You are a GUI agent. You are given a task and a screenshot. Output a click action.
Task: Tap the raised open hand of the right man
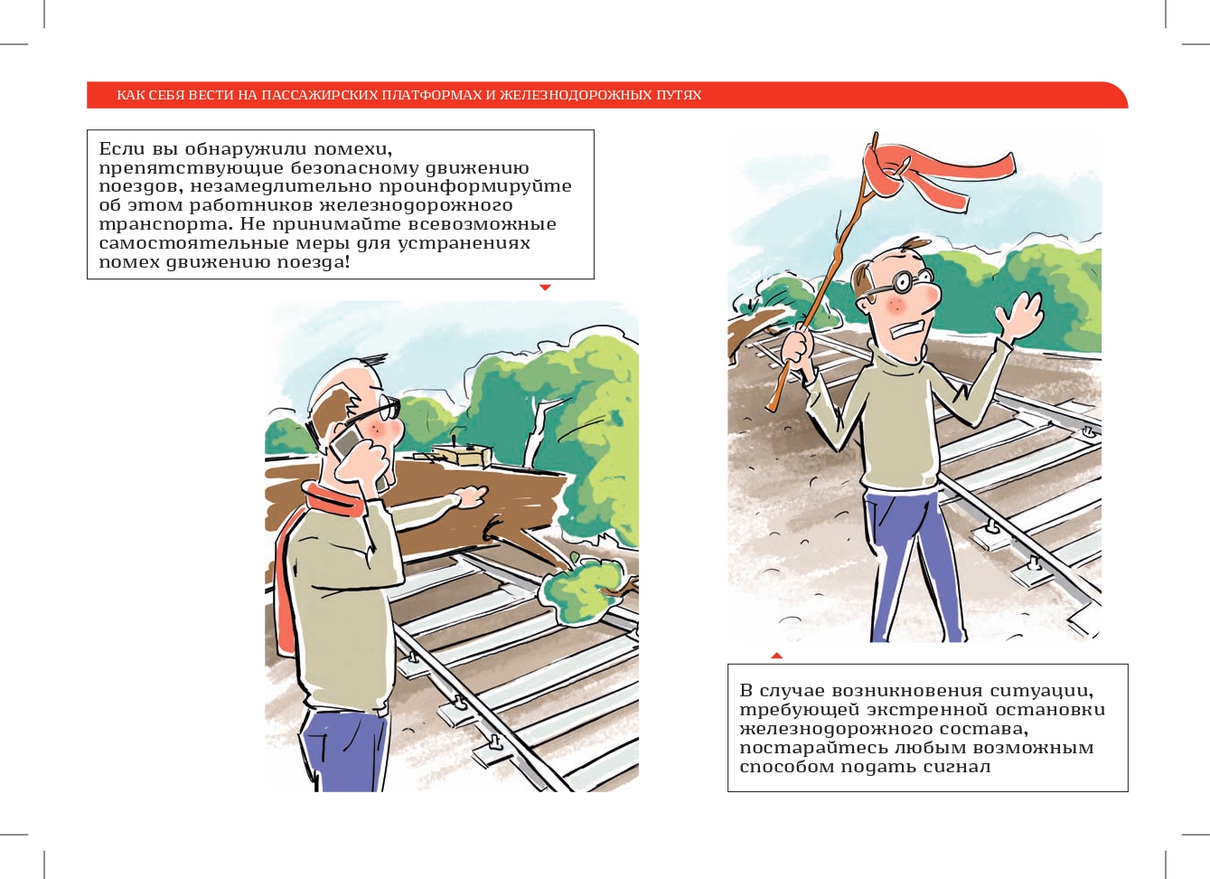(x=1019, y=317)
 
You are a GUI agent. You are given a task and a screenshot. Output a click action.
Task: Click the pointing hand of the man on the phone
(x=469, y=496)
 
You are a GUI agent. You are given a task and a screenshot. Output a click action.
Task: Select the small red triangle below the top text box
(x=545, y=288)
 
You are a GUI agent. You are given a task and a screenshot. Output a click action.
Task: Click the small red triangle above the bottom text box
(x=777, y=656)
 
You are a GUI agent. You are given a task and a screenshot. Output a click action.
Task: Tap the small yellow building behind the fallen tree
(x=463, y=455)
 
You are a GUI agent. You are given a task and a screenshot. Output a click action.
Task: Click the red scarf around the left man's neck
(x=303, y=546)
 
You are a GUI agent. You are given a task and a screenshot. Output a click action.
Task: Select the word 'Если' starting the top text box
(x=122, y=148)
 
